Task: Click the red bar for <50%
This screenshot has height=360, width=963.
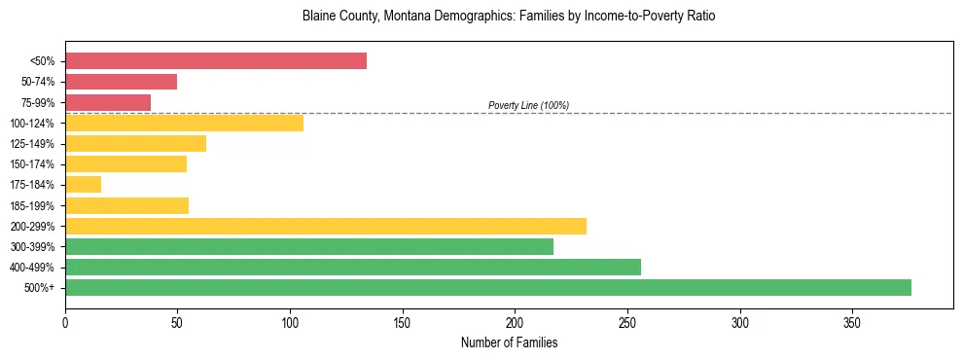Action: pos(216,61)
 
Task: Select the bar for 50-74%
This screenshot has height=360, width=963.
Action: pos(122,82)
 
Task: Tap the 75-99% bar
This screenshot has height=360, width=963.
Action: pos(108,102)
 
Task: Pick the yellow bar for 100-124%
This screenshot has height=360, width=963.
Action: pos(184,123)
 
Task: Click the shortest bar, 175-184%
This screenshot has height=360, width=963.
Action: pos(83,185)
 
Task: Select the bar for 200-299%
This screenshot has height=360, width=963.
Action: pos(326,226)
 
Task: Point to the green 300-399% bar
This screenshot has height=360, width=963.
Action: pos(309,246)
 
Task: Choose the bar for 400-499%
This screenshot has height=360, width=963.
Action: pos(353,267)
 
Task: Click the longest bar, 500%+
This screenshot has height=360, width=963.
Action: pos(488,287)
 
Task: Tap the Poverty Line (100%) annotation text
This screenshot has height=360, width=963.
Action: pos(528,105)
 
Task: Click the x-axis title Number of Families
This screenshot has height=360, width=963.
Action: pos(509,342)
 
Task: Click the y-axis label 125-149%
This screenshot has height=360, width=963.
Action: pos(33,144)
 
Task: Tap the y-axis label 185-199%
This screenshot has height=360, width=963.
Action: pos(33,205)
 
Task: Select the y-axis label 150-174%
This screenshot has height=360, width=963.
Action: pos(33,164)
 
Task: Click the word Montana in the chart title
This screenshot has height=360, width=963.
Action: pos(399,17)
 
